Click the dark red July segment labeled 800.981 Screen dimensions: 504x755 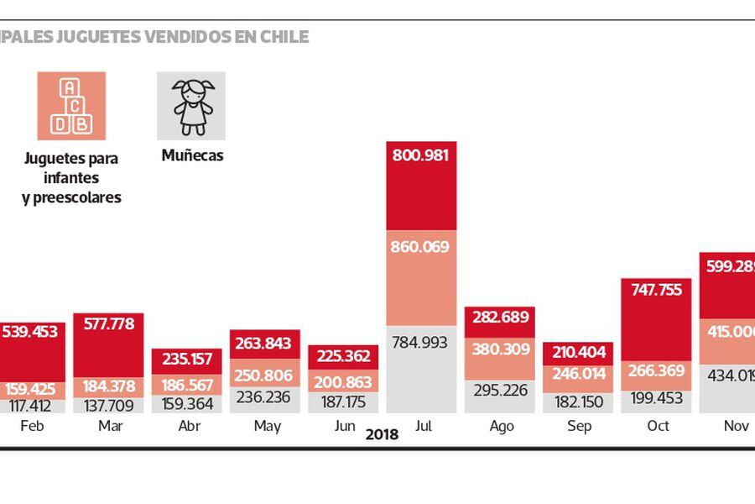(x=421, y=185)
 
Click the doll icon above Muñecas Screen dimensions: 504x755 (x=192, y=106)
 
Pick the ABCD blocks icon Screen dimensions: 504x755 (x=71, y=106)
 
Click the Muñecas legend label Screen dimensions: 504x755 (x=192, y=155)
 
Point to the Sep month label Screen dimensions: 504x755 (x=579, y=427)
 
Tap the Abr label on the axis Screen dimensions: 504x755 (x=190, y=427)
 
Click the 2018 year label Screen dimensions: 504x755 (x=382, y=435)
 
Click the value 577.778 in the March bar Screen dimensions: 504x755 (x=109, y=324)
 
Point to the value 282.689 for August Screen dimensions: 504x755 (x=501, y=317)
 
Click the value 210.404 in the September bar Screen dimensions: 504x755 (x=579, y=351)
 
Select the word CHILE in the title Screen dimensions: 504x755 (x=284, y=37)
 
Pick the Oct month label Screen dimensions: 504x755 (x=658, y=427)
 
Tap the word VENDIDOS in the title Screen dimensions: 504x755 (x=194, y=37)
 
